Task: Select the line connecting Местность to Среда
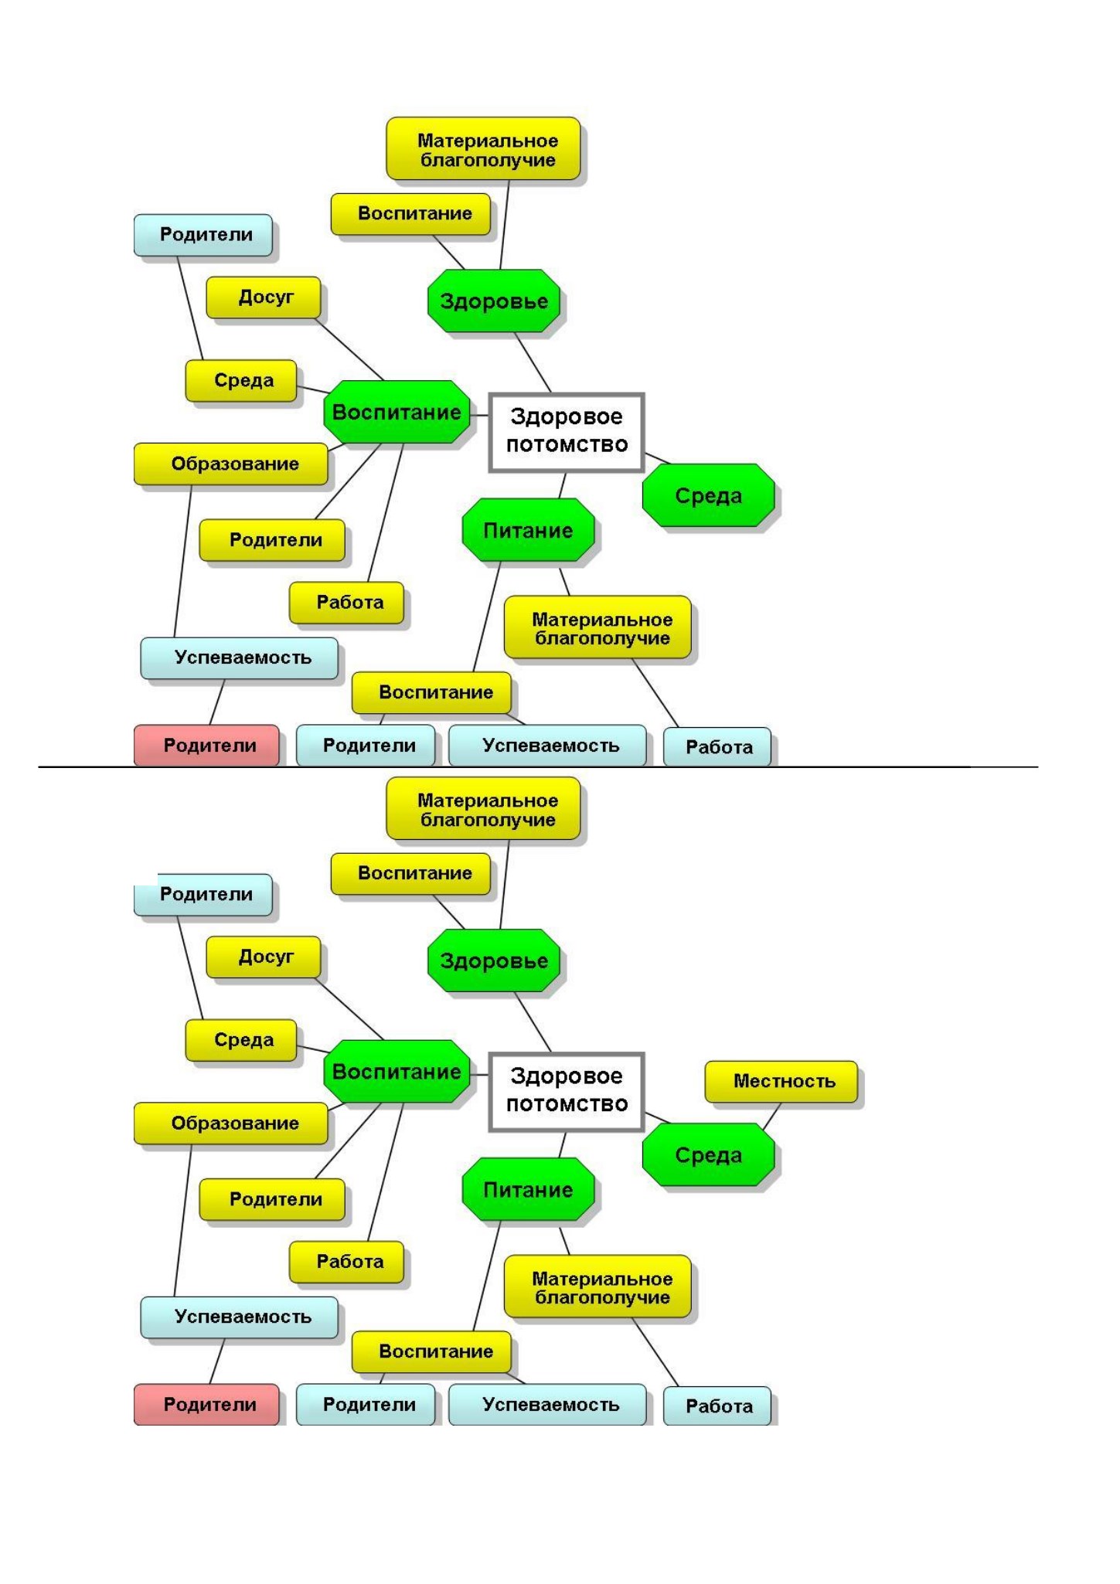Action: (771, 1117)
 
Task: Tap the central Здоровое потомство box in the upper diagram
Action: (567, 432)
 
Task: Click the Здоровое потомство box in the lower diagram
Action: (567, 1091)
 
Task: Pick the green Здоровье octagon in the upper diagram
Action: (493, 301)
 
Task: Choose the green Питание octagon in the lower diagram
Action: (528, 1189)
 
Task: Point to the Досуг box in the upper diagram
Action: (263, 297)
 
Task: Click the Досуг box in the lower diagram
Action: (263, 957)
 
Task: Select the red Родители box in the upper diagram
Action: (206, 745)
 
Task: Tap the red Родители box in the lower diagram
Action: (206, 1404)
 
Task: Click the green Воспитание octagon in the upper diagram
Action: (397, 412)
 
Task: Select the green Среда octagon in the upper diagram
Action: (708, 495)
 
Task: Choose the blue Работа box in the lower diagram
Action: (717, 1406)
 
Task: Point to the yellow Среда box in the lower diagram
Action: (241, 1040)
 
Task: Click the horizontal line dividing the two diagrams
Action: (538, 767)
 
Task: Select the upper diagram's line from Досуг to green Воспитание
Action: (349, 348)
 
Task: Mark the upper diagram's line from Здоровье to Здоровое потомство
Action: (533, 363)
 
